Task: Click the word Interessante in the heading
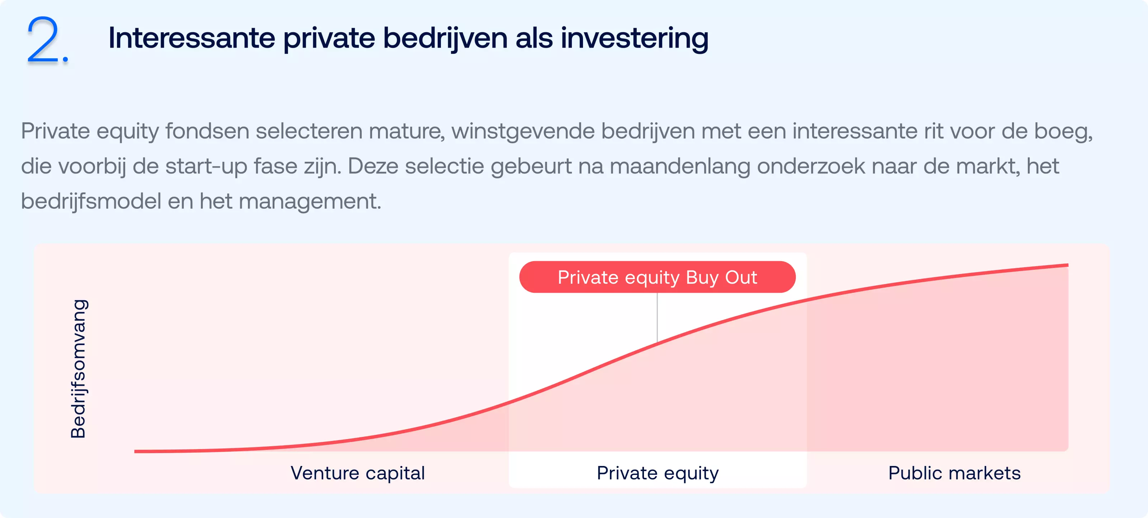[x=192, y=38]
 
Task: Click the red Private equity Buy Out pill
[x=657, y=277]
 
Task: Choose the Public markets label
[x=955, y=473]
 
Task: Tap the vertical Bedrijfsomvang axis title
[x=79, y=369]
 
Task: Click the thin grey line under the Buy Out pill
[x=657, y=317]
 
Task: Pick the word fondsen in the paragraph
[x=207, y=131]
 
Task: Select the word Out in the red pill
[x=741, y=277]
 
